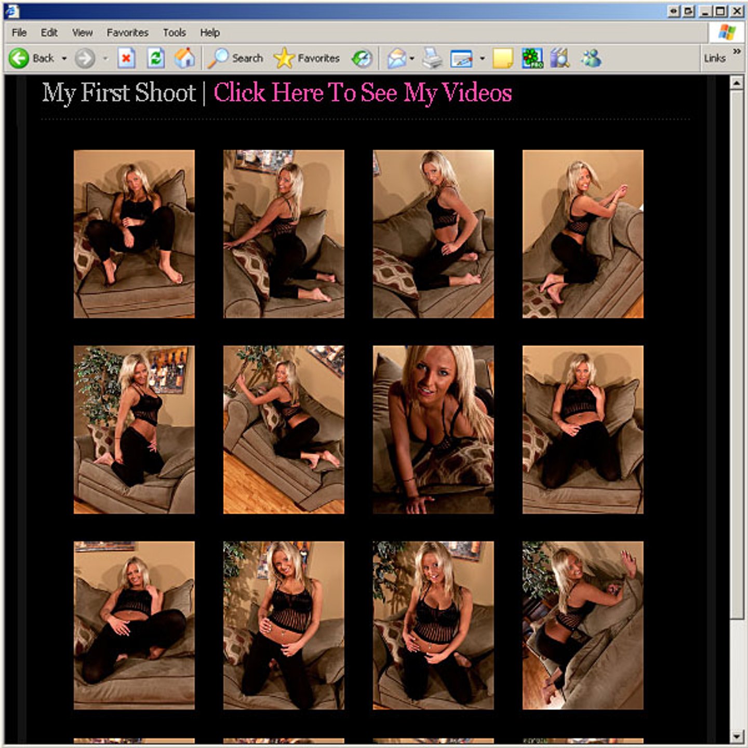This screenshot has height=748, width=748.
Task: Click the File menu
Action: (19, 33)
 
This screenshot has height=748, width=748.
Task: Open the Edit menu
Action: (49, 33)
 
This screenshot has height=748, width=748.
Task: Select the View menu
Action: (82, 33)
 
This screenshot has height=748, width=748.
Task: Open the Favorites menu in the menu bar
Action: (127, 33)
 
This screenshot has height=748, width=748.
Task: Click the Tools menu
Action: (175, 33)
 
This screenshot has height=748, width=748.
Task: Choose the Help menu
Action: (210, 33)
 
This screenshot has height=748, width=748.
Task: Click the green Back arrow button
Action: (19, 59)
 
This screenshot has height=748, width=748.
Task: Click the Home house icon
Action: (184, 58)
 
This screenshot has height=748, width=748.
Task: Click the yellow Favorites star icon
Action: (284, 58)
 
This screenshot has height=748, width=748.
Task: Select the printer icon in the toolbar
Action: (432, 58)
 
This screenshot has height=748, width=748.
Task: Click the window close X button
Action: (737, 11)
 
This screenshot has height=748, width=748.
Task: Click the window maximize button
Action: (720, 11)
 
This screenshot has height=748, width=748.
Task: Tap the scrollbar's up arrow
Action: (736, 83)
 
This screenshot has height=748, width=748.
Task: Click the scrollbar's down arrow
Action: (736, 736)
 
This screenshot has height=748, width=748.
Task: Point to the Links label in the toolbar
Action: (715, 58)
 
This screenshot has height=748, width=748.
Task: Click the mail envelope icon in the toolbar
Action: (397, 59)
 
